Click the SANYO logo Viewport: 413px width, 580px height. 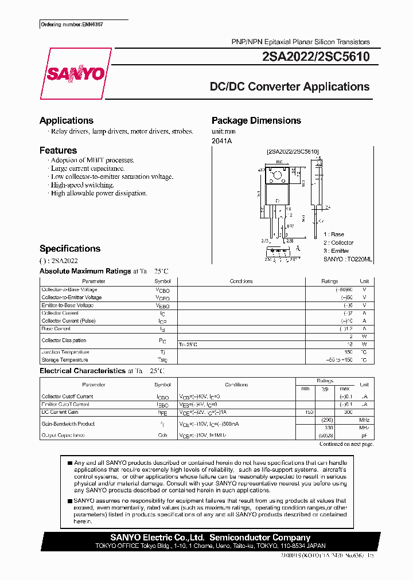click(75, 74)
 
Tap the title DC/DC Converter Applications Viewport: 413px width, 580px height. click(290, 87)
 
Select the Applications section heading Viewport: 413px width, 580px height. click(67, 120)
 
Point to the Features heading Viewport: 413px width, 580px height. click(58, 150)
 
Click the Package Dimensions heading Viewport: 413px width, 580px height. click(256, 120)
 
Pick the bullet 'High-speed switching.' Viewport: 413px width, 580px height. click(82, 185)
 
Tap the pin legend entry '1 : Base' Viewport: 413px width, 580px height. click(334, 234)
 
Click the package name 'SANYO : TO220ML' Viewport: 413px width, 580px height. click(348, 259)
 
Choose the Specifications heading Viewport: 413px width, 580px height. click(70, 249)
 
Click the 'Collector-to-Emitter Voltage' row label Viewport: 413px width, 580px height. click(72, 297)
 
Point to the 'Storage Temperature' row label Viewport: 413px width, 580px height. click(65, 360)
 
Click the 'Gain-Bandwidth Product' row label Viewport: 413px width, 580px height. click(68, 424)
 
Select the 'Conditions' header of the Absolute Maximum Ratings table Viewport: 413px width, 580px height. click(241, 281)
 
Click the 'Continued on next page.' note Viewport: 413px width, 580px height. click(346, 444)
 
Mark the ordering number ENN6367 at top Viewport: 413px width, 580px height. click(68, 25)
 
